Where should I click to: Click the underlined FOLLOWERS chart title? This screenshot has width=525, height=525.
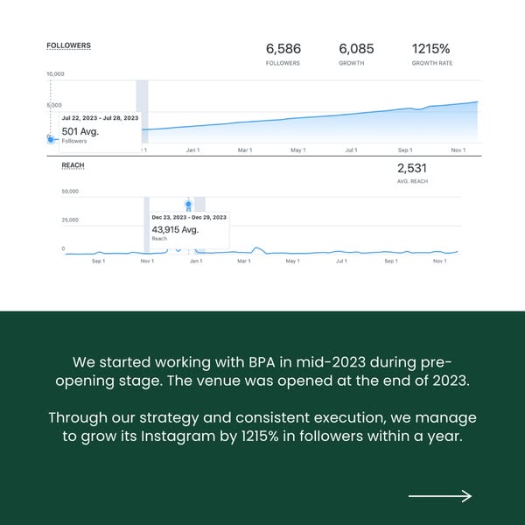click(x=68, y=45)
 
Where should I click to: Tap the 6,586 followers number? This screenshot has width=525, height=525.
click(x=283, y=49)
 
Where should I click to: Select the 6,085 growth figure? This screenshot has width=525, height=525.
click(x=356, y=49)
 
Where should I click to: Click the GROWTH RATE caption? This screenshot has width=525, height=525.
click(x=432, y=64)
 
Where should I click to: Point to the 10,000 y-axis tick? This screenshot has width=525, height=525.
click(x=55, y=74)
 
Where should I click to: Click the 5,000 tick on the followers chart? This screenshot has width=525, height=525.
click(x=54, y=105)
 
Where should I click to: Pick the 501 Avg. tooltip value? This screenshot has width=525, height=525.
click(x=80, y=131)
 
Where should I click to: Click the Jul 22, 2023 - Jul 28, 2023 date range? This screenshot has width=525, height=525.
click(x=100, y=117)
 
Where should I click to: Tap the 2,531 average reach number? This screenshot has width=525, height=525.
click(x=412, y=168)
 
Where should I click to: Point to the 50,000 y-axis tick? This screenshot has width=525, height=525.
click(x=70, y=192)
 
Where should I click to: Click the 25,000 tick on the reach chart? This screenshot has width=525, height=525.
click(x=70, y=220)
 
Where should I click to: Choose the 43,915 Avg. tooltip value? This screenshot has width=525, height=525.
click(x=175, y=229)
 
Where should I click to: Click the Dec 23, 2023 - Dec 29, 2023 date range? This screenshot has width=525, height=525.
click(x=189, y=217)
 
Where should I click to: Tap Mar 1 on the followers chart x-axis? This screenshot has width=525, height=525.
click(x=245, y=150)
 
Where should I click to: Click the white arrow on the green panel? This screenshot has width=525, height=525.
click(x=440, y=496)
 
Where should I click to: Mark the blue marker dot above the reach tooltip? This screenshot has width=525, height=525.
click(x=188, y=204)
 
